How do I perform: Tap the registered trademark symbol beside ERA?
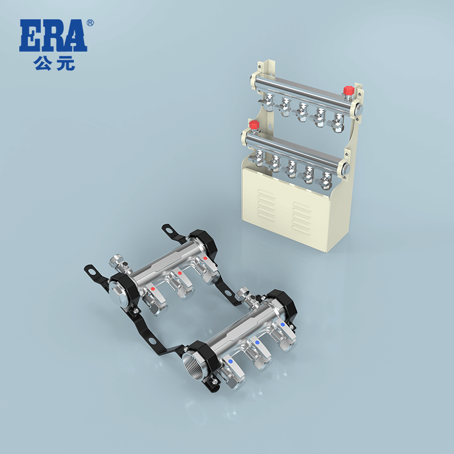[90, 23]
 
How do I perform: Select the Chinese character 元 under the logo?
[65, 63]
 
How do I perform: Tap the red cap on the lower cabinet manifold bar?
[254, 124]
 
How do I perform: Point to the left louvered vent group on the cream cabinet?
[266, 204]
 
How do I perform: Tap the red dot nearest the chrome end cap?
[153, 288]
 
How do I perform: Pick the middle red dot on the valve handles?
[179, 274]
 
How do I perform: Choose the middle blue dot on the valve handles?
[257, 343]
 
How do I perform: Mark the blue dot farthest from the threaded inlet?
[283, 325]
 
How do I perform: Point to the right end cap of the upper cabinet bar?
[359, 108]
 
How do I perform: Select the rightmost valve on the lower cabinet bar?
[325, 180]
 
